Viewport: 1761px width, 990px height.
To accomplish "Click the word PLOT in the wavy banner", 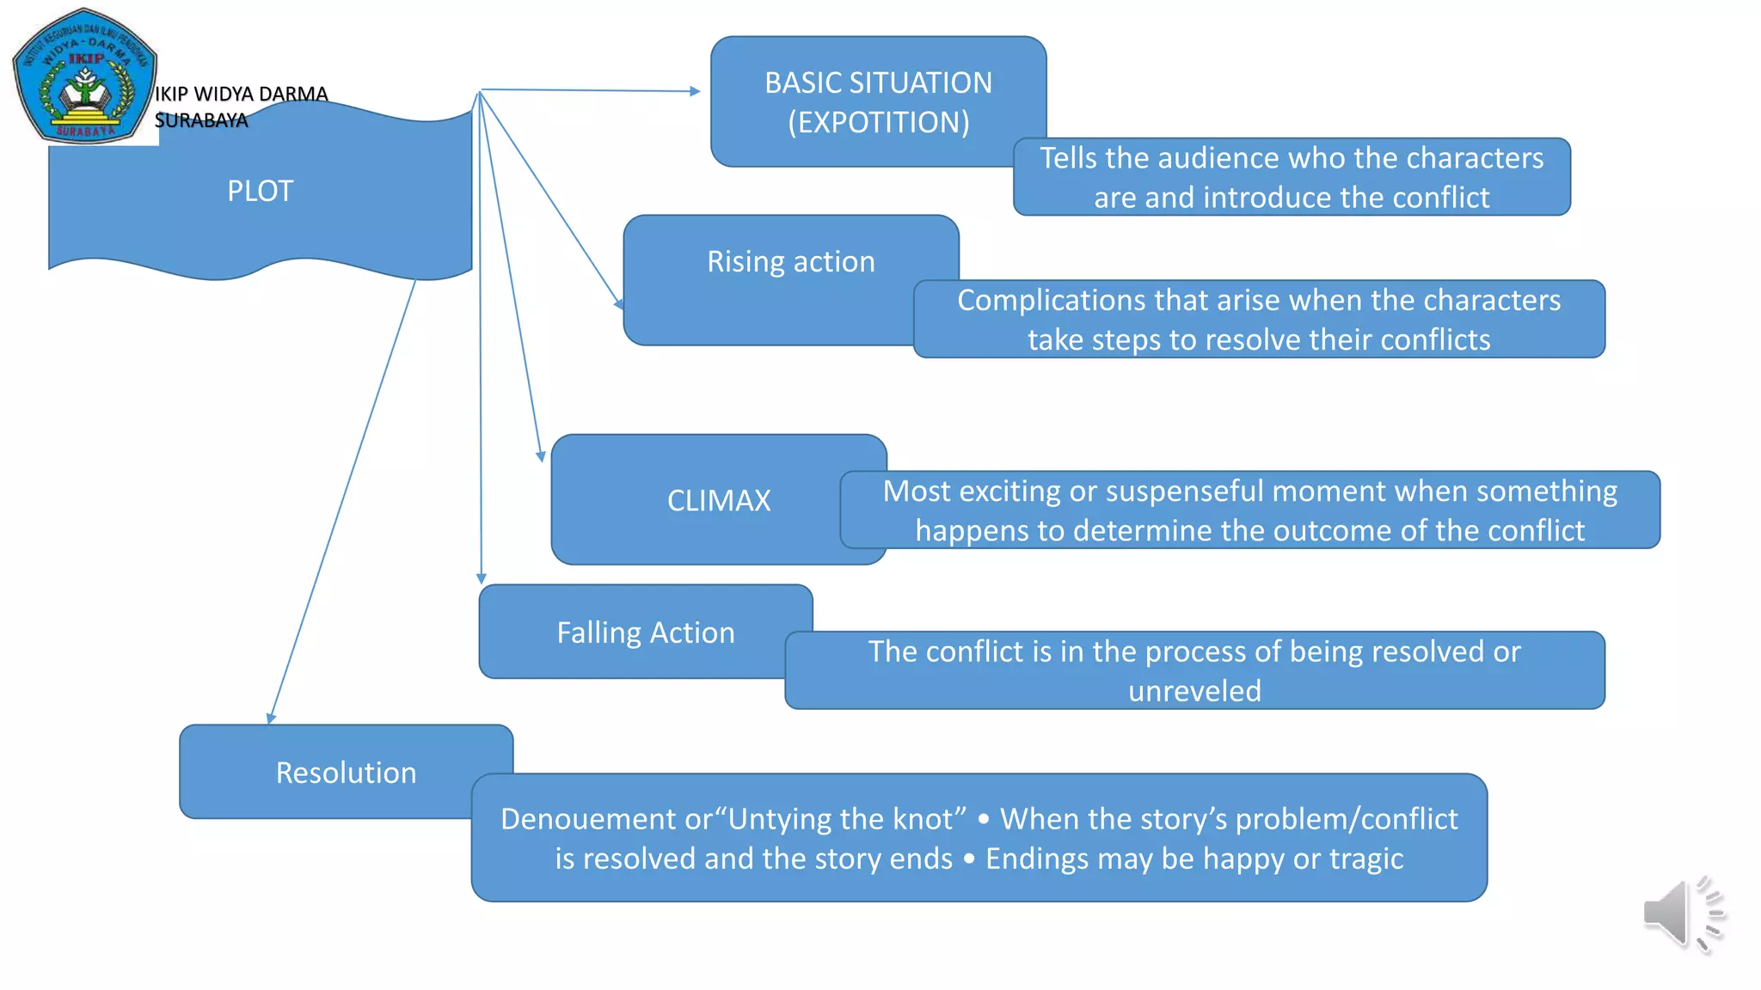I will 260,191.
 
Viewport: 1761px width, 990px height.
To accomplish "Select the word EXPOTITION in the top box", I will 879,123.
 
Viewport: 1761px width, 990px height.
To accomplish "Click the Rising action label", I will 790,261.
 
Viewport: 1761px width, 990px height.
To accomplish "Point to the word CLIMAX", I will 719,500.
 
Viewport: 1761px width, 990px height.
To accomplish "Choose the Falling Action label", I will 645,632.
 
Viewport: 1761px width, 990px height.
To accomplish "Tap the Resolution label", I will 346,773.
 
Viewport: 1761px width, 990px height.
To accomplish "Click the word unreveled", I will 1194,691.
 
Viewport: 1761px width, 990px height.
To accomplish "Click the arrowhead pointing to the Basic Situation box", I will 695,91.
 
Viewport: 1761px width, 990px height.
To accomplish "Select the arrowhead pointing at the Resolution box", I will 271,718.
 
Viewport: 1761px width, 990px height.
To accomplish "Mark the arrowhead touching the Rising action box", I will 619,304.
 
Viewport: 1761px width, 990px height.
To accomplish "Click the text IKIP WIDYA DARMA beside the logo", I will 241,94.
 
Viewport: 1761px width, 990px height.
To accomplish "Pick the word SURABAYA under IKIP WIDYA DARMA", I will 201,120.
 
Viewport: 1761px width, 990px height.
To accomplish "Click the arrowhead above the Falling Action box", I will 481,578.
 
